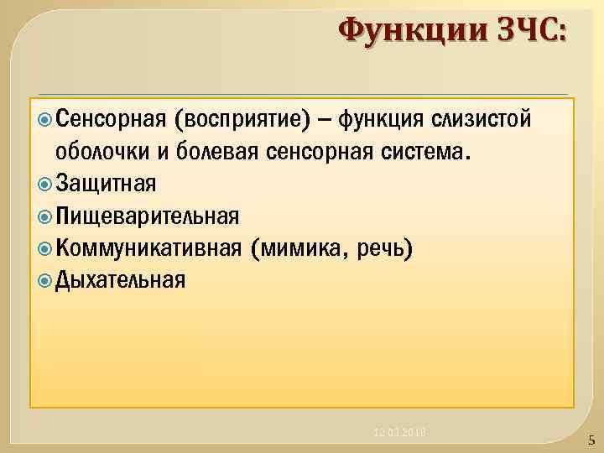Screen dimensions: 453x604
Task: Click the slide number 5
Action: click(591, 440)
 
